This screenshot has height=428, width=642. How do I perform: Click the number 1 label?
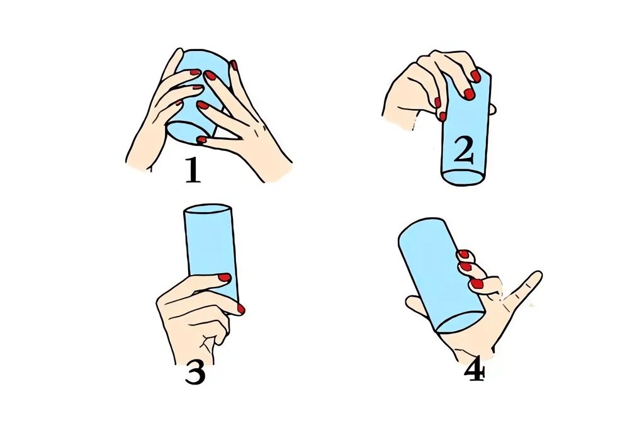(x=193, y=170)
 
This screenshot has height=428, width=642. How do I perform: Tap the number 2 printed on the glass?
(x=463, y=150)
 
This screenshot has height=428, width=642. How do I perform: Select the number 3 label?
(x=195, y=373)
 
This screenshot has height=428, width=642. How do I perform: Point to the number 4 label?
(x=475, y=373)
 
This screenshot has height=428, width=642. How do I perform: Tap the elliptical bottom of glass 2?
(x=464, y=177)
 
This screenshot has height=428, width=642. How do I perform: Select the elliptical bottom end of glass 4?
(x=461, y=322)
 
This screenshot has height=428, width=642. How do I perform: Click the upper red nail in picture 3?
(x=224, y=278)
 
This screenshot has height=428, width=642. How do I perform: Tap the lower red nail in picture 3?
(x=240, y=309)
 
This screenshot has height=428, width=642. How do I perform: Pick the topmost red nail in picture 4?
(x=463, y=254)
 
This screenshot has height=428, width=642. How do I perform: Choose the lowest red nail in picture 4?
(x=476, y=283)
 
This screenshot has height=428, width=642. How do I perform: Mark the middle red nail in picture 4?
(x=465, y=267)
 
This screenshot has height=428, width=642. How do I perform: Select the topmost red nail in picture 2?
(x=475, y=76)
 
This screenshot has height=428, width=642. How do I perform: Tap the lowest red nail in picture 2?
(x=442, y=116)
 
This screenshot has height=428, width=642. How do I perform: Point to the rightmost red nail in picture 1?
(x=234, y=65)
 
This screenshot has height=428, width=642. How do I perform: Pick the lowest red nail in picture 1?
(x=201, y=140)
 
